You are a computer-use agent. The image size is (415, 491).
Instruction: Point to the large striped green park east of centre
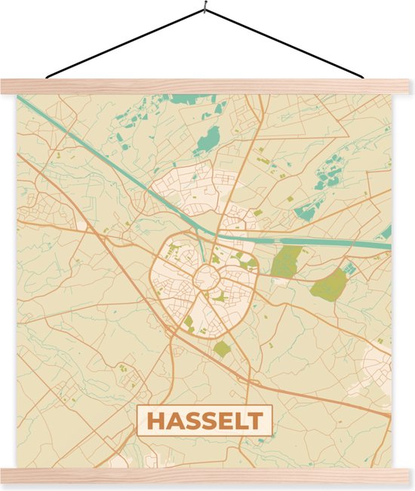tap(286, 262)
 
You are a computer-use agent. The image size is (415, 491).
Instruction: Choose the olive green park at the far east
tap(330, 284)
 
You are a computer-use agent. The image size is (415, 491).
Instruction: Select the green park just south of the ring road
tap(222, 348)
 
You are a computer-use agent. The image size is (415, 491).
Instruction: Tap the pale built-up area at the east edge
tap(377, 369)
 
